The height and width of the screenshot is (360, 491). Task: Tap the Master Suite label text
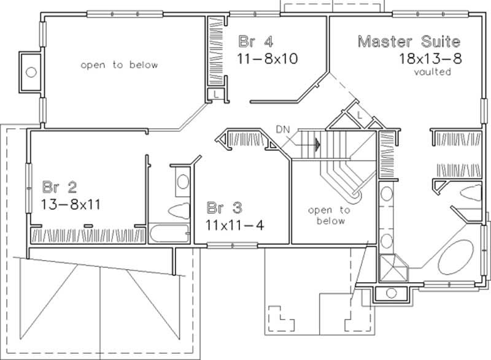(x=409, y=42)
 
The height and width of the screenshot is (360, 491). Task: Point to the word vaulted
(x=433, y=72)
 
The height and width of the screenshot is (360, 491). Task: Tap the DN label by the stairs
(x=282, y=129)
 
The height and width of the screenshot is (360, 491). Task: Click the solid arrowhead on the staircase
(x=317, y=145)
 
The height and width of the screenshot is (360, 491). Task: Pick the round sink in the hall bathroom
(x=182, y=182)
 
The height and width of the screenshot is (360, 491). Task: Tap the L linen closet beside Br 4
(x=216, y=94)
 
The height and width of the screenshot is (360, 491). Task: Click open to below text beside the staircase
(x=329, y=215)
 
